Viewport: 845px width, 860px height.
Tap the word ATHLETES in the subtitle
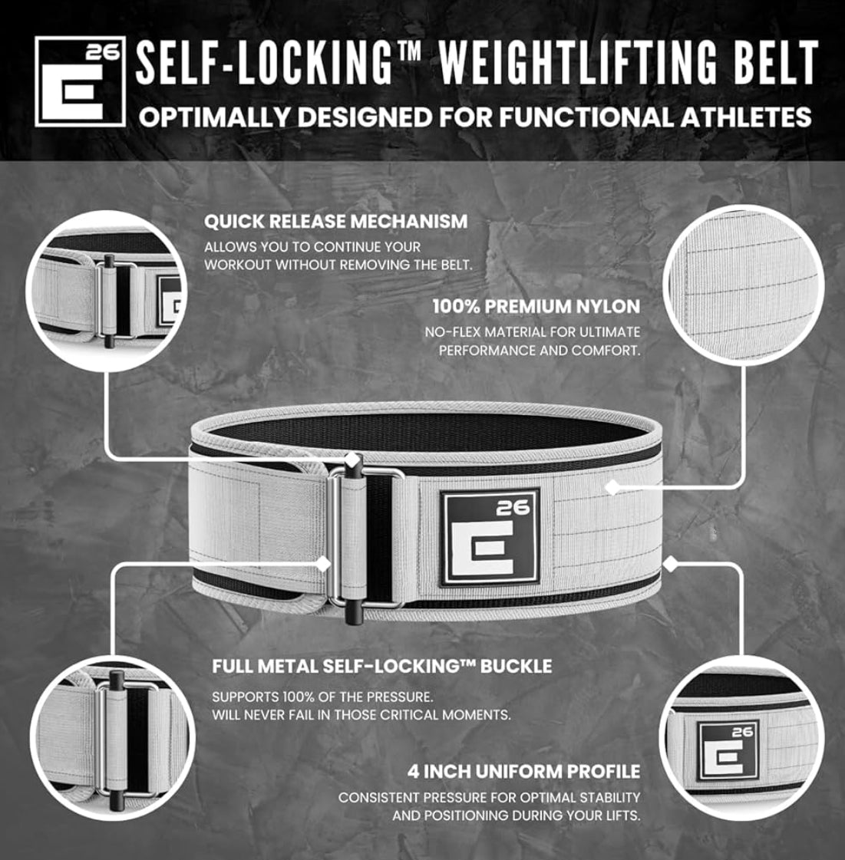pos(744,117)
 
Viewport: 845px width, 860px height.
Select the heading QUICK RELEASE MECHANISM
pos(335,222)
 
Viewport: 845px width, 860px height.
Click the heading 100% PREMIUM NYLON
pos(536,307)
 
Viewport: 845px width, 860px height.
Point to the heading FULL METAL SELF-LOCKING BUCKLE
pos(381,666)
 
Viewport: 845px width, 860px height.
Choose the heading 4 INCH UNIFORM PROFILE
pos(523,771)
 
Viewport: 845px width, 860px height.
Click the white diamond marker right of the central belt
pos(670,565)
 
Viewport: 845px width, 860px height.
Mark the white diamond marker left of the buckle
pos(324,563)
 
